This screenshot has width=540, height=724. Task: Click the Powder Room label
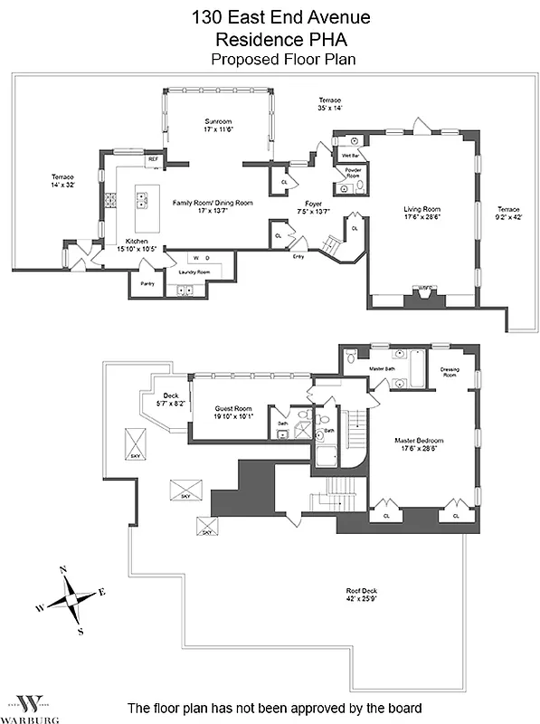click(x=353, y=172)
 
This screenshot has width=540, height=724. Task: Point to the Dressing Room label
click(x=450, y=372)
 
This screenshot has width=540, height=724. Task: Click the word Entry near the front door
click(x=298, y=256)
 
